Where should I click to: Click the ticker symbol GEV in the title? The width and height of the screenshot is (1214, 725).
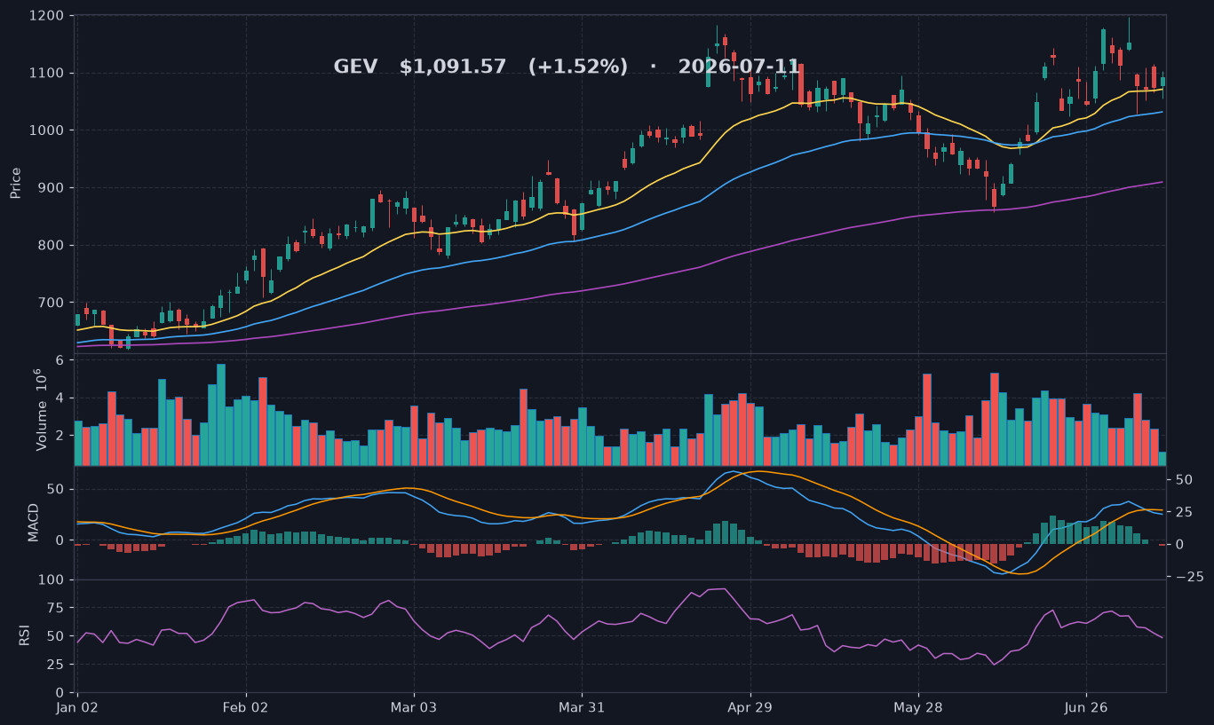click(355, 67)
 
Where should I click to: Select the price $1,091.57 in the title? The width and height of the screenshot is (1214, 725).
click(453, 67)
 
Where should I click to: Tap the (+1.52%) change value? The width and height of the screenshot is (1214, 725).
click(578, 67)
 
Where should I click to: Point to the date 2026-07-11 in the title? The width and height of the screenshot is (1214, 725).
click(739, 67)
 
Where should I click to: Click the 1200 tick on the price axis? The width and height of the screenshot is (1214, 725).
click(46, 16)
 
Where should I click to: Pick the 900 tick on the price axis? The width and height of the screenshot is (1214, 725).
click(50, 188)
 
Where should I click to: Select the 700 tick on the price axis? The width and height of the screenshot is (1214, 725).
click(50, 303)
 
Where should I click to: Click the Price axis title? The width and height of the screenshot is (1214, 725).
click(15, 183)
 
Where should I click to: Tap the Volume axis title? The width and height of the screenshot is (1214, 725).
click(41, 409)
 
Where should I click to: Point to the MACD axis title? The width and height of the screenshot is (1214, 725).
click(33, 523)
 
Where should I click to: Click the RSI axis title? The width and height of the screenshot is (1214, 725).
click(24, 635)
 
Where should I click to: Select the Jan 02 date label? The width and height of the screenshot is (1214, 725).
click(77, 707)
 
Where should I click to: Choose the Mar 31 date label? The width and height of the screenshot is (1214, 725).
click(582, 707)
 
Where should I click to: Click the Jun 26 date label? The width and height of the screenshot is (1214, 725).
click(1086, 707)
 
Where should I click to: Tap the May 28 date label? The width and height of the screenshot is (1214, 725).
click(918, 707)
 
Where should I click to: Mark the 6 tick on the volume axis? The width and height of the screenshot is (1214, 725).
click(60, 360)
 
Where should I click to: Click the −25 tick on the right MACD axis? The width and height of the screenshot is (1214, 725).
click(1189, 577)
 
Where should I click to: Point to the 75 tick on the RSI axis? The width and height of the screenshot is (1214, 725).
click(55, 608)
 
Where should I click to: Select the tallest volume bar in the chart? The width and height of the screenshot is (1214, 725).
click(221, 414)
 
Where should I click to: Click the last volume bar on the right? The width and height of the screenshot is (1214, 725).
click(1162, 459)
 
